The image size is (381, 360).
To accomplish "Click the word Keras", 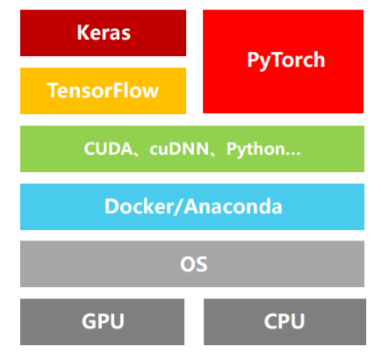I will [103, 33].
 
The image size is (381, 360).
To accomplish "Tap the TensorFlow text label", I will [103, 90].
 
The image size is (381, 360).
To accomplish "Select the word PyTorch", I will [284, 61].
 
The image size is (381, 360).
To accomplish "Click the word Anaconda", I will [233, 207].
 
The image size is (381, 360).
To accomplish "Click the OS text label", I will [191, 263].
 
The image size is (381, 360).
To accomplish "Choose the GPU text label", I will [103, 321].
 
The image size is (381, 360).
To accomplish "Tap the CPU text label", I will [284, 321].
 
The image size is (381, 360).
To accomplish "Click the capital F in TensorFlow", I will [117, 90].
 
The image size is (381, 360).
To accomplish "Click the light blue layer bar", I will [53, 207].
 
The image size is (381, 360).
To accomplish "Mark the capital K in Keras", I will [83, 33].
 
